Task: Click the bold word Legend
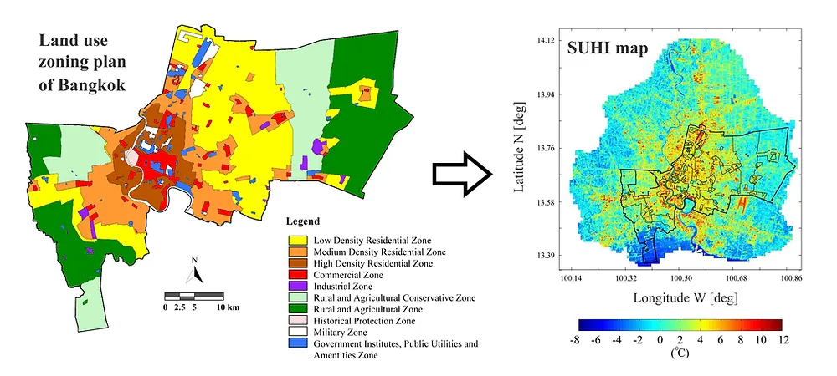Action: pyautogui.click(x=303, y=223)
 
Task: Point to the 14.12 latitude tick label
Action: pyautogui.click(x=546, y=40)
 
